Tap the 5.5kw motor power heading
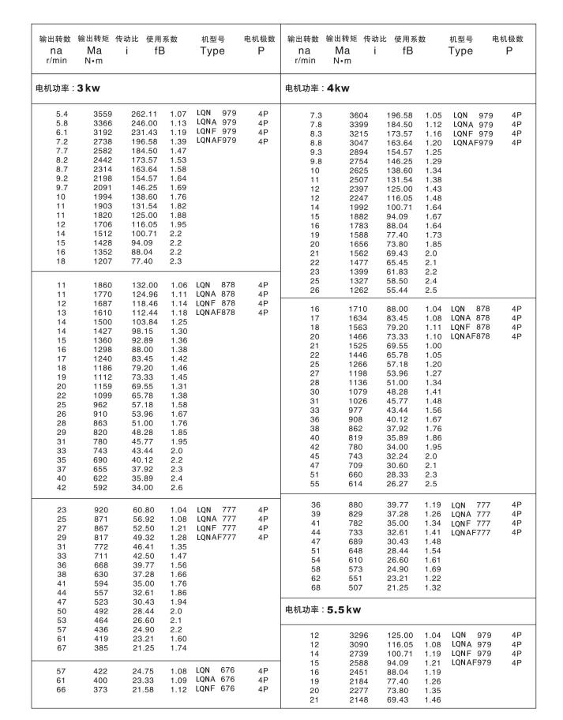[323, 609]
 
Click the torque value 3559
[103, 114]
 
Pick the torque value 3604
[358, 115]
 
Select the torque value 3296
[358, 635]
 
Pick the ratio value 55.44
[399, 290]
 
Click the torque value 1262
[358, 290]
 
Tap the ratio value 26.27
[399, 483]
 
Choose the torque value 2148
[358, 699]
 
